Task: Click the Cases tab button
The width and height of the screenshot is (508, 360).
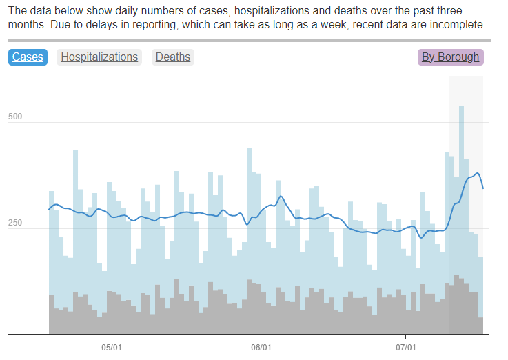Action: tap(28, 57)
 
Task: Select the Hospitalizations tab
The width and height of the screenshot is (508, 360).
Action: tap(99, 57)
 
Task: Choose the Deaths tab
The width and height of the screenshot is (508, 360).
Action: tap(172, 57)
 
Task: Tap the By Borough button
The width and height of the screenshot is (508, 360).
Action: tap(450, 57)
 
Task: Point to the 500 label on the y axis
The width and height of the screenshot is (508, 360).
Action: tap(15, 117)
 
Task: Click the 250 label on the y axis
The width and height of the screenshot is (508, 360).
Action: tap(15, 223)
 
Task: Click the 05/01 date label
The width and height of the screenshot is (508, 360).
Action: tap(112, 347)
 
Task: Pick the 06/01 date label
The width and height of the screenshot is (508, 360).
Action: tap(261, 347)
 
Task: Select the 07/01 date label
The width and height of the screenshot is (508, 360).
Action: tap(406, 347)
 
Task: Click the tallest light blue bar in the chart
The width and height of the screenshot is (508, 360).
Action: tap(461, 207)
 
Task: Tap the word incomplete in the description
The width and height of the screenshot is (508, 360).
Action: tap(459, 25)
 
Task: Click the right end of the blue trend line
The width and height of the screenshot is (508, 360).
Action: tap(483, 188)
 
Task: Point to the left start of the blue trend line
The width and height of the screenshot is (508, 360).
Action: tap(49, 208)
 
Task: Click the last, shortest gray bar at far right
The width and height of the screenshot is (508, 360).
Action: tap(480, 326)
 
